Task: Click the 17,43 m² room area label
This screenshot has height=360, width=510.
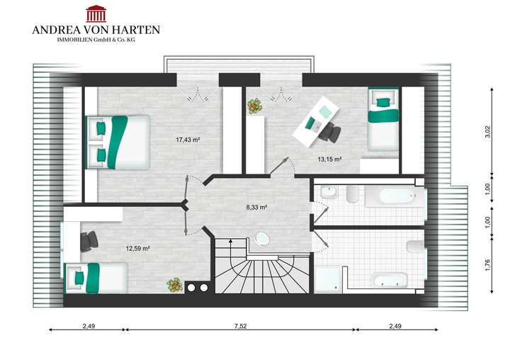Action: (188, 140)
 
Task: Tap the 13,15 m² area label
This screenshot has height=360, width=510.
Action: (329, 159)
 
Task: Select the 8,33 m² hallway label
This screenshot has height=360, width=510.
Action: (256, 208)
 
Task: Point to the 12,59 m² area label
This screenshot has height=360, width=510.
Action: (138, 248)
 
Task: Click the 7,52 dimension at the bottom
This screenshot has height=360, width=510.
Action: (241, 326)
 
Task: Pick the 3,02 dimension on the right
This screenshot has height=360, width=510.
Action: (487, 132)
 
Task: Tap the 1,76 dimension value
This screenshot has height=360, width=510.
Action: (487, 266)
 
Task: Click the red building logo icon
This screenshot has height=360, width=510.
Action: (96, 13)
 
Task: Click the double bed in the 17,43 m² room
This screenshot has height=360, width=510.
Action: (118, 142)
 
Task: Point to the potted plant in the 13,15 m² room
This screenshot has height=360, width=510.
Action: (254, 106)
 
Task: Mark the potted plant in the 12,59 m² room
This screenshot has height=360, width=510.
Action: (174, 285)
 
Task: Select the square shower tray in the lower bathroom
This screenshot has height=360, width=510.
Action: (328, 278)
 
